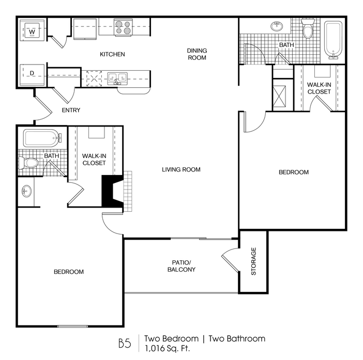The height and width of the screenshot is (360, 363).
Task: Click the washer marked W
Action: [x=32, y=30]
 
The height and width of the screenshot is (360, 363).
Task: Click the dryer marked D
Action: [x=32, y=75]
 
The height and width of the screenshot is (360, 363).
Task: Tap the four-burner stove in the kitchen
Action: [x=123, y=27]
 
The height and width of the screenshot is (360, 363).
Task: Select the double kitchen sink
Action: [x=117, y=79]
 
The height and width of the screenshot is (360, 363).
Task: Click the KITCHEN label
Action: [x=112, y=54]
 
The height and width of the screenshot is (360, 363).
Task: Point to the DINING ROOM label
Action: [x=197, y=54]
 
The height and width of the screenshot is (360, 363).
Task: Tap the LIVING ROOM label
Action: [x=181, y=169]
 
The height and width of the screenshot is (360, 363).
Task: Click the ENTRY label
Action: [x=71, y=110]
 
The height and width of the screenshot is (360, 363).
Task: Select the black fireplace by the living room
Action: [x=112, y=191]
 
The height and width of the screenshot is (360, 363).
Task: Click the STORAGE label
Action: [x=254, y=261]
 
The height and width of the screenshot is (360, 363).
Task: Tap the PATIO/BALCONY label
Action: [x=182, y=266]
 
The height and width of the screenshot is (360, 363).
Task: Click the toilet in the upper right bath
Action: [x=308, y=28]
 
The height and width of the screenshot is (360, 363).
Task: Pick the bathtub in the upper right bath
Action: [x=333, y=40]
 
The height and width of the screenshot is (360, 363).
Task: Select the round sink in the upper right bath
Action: [x=277, y=26]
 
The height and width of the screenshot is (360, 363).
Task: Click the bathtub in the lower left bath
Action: [x=42, y=138]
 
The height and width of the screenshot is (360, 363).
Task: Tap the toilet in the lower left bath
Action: [x=28, y=163]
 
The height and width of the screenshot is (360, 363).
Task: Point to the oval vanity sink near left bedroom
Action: [x=26, y=192]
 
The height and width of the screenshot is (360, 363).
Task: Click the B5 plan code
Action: [x=125, y=343]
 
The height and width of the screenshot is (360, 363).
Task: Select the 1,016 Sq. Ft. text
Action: [x=167, y=348]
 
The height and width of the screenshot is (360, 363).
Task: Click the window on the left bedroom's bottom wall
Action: [x=73, y=326]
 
